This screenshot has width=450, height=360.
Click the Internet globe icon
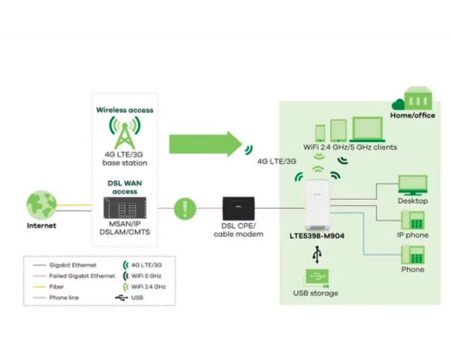(x=41, y=205)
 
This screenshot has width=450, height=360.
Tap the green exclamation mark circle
(x=185, y=208)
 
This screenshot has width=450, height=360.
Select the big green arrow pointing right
(x=205, y=144)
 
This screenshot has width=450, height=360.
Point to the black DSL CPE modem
(x=238, y=209)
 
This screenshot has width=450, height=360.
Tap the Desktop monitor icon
(x=412, y=185)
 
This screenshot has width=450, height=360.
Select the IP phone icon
(x=413, y=220)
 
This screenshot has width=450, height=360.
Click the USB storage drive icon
(x=317, y=278)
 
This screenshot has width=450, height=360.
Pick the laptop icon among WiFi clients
(x=367, y=130)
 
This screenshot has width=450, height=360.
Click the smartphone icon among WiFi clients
(x=320, y=133)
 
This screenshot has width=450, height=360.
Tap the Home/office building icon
(x=418, y=98)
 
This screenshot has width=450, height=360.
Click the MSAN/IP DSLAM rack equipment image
(x=125, y=208)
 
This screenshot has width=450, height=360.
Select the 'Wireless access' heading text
(x=125, y=110)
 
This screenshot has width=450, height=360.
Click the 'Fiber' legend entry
(x=48, y=287)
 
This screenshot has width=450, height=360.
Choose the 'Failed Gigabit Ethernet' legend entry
(x=74, y=276)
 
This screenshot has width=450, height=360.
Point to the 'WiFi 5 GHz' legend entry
(x=142, y=276)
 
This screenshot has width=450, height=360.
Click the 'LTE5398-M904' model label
(x=317, y=236)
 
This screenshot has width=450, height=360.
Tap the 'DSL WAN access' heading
(x=125, y=187)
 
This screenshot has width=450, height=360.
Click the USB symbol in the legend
(x=121, y=298)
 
